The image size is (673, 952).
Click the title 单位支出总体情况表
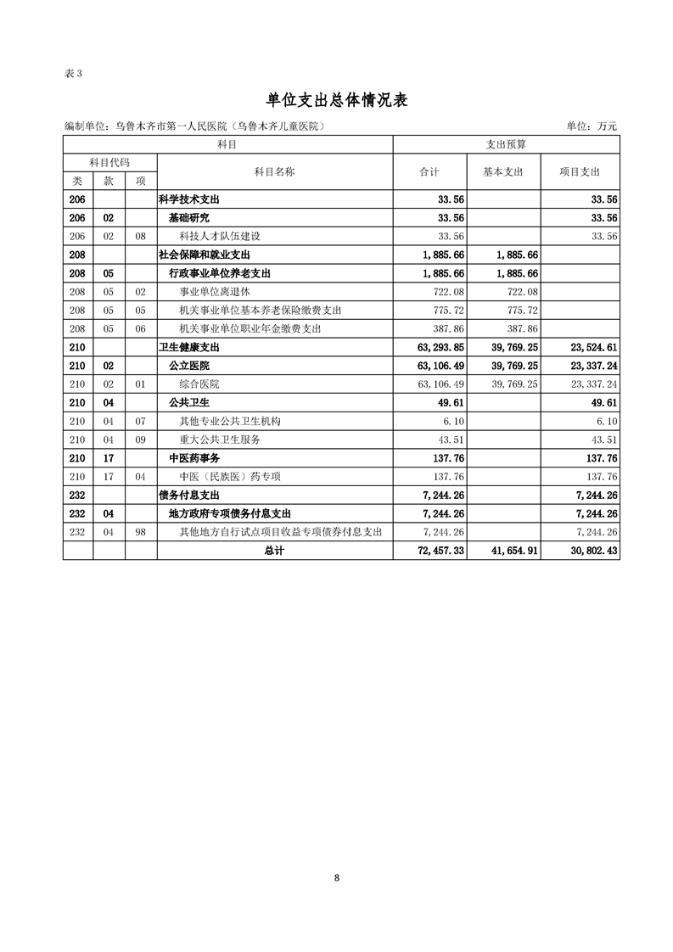pyautogui.click(x=337, y=100)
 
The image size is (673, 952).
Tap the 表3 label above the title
pyautogui.click(x=74, y=73)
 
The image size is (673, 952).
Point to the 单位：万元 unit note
pyautogui.click(x=592, y=126)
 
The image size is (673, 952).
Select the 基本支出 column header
pyautogui.click(x=503, y=171)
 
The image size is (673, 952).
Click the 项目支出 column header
pyautogui.click(x=580, y=171)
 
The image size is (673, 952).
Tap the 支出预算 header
pyautogui.click(x=506, y=144)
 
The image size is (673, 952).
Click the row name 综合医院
pyautogui.click(x=199, y=384)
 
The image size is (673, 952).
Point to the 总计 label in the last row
pyautogui.click(x=274, y=551)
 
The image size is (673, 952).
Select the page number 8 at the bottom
pyautogui.click(x=337, y=877)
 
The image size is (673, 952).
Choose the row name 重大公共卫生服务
pyautogui.click(x=220, y=440)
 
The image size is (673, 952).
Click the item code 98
pyautogui.click(x=141, y=532)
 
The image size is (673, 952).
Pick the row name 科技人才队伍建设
pyautogui.click(x=220, y=236)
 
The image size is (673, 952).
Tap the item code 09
pyautogui.click(x=141, y=440)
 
